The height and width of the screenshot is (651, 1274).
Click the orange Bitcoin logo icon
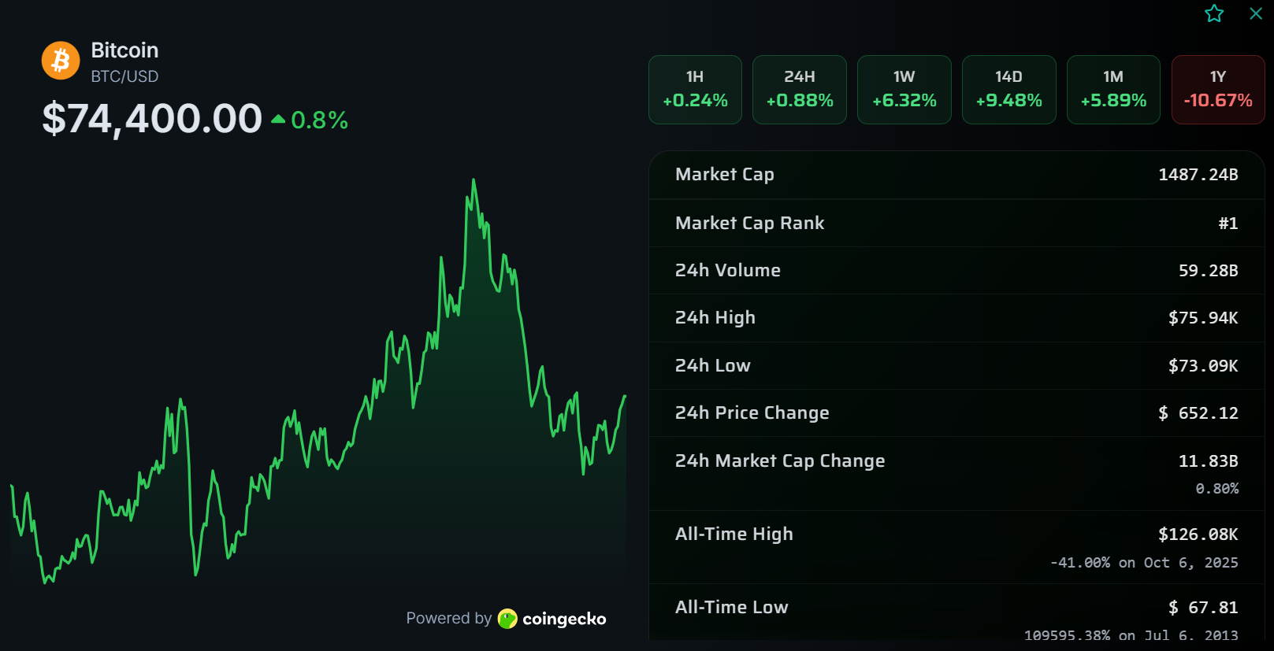tap(61, 61)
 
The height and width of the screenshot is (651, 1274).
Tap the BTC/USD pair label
tap(124, 76)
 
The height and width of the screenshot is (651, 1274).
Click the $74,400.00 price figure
tap(152, 119)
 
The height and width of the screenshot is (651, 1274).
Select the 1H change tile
tap(695, 90)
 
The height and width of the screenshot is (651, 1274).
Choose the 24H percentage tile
tap(800, 90)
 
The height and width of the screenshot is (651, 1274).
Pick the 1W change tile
tap(904, 90)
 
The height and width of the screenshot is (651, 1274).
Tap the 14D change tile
tap(1009, 90)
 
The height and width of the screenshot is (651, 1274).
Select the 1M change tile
tap(1113, 90)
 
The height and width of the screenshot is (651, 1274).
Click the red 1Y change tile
tap(1218, 90)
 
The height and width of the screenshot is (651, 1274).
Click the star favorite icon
tap(1214, 13)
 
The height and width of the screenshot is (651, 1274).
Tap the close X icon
tap(1256, 13)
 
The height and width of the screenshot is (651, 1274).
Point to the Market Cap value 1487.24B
tap(1198, 175)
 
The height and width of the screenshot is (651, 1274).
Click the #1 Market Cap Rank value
tap(1228, 224)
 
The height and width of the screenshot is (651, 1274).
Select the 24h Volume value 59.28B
tap(1208, 271)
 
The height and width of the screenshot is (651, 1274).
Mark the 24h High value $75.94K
tap(1203, 318)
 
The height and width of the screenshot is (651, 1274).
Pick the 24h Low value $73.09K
tap(1203, 366)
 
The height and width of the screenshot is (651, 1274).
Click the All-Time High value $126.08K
tap(1198, 534)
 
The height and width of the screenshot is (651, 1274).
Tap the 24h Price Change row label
tap(752, 413)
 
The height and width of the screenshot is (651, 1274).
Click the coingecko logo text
tap(563, 619)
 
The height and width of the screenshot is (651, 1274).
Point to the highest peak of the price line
tap(474, 180)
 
